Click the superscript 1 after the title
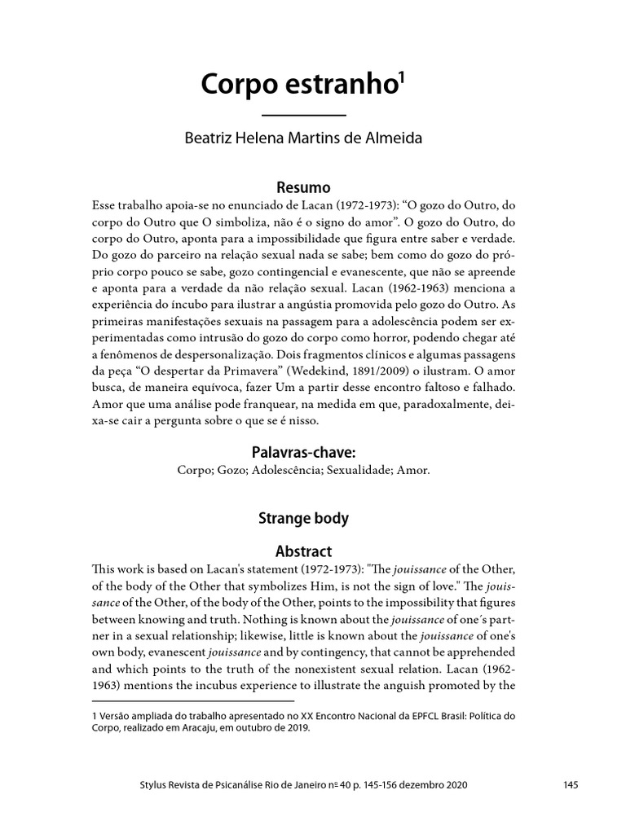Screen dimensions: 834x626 tap(400, 78)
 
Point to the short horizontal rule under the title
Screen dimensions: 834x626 tap(304, 116)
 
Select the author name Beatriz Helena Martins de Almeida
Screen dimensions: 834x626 tap(304, 138)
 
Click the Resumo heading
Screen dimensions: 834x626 tap(304, 187)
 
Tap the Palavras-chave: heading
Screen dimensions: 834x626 tap(304, 450)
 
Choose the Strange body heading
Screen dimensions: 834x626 tap(304, 517)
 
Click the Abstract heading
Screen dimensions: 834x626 tap(304, 551)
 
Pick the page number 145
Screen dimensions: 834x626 tap(570, 784)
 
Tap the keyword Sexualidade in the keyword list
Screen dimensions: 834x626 tap(359, 470)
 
